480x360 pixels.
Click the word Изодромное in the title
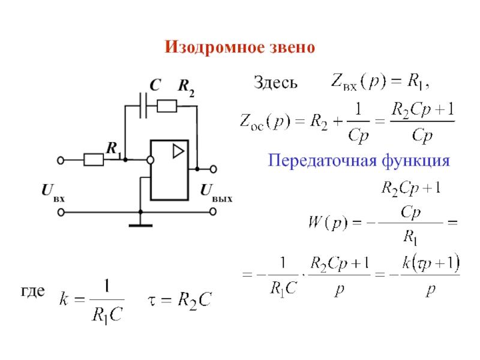point(214,47)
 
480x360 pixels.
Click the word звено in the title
point(292,47)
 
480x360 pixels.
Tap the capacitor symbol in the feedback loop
point(143,106)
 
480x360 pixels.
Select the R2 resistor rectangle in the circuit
point(167,106)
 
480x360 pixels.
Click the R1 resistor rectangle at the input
point(94,160)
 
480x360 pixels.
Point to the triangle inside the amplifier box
point(178,151)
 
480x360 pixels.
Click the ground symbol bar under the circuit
point(140,226)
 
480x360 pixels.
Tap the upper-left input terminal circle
point(61,160)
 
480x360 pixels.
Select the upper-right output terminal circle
point(214,169)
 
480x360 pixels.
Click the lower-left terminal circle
point(61,212)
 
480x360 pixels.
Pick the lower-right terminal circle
point(213,212)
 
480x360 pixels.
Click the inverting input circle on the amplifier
point(151,160)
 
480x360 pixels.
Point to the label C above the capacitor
point(155,85)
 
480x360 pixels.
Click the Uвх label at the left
point(53,192)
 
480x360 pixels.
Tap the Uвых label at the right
point(216,192)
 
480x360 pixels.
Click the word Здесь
point(275,83)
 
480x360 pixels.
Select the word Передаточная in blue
point(322,160)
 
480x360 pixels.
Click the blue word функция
point(416,161)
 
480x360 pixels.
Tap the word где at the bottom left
point(33,292)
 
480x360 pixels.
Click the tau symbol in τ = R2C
point(152,301)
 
